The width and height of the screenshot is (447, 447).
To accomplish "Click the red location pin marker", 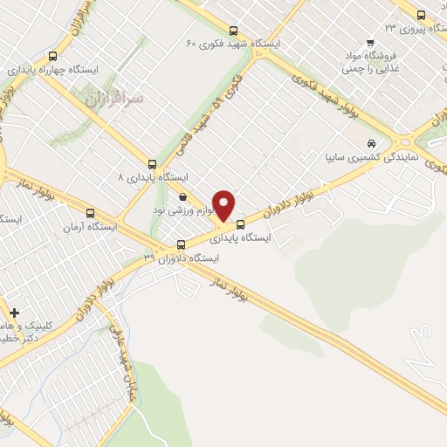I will pos(224,205).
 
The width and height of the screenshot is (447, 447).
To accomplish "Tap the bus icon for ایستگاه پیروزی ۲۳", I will pos(422,15).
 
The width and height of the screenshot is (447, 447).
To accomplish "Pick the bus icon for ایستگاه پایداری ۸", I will pos(153,163).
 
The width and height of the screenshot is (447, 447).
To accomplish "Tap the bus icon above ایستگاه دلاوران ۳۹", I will pos(181,244).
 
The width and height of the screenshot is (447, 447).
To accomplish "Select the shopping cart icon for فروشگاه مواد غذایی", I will pos(371,42).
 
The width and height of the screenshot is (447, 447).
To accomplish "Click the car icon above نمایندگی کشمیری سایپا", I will pos(372,143).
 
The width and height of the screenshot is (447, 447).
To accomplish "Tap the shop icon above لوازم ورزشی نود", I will pos(182,196).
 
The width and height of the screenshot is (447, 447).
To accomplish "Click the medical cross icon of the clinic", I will pos(14,312).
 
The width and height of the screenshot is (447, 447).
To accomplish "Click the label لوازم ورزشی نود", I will pos(183,211).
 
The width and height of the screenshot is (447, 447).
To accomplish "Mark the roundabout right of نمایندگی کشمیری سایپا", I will pos(404,142).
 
